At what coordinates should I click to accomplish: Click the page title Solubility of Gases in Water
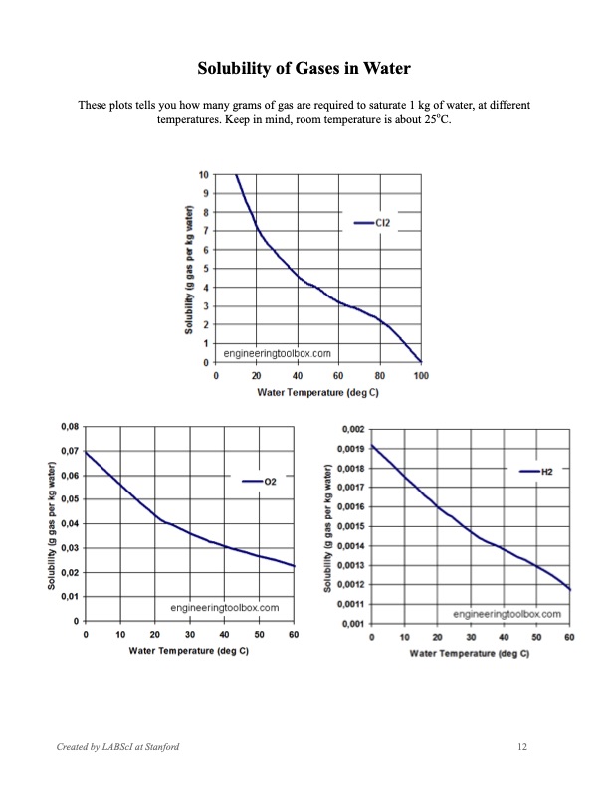point(304,69)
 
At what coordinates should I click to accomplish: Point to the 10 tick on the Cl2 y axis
point(203,174)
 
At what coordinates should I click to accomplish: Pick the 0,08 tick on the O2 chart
point(70,427)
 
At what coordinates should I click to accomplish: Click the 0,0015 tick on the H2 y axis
point(350,526)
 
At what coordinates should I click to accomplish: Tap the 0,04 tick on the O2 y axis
point(70,523)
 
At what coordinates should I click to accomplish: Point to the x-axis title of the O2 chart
point(189,650)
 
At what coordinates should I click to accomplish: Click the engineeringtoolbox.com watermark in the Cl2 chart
point(278,352)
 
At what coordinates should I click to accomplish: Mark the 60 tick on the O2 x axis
point(294,634)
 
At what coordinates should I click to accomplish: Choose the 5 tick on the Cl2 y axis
point(205,269)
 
